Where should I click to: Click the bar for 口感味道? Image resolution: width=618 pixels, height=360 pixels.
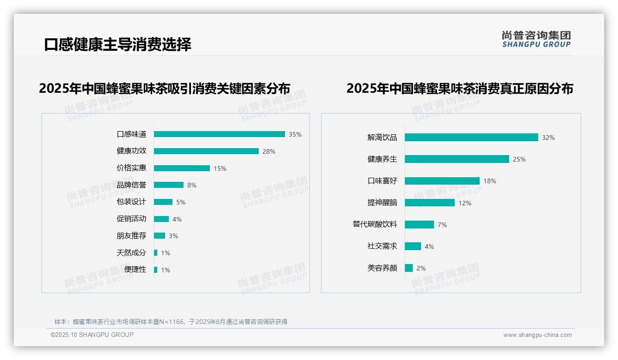(219, 134)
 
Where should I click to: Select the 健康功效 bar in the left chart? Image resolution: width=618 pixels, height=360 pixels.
(206, 151)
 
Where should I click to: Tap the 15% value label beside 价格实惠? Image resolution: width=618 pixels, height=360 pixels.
(220, 168)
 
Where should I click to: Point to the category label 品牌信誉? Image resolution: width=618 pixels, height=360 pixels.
(131, 185)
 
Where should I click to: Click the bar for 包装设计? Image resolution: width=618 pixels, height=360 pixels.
(163, 202)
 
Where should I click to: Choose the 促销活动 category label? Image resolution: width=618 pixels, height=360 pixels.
(131, 219)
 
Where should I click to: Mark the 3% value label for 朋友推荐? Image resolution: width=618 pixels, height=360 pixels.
(173, 236)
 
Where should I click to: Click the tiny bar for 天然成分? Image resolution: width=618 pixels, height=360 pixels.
(155, 253)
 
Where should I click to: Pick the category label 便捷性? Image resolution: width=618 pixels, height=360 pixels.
(135, 270)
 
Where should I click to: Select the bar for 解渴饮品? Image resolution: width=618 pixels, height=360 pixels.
(471, 138)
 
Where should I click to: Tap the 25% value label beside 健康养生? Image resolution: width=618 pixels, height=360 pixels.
(519, 159)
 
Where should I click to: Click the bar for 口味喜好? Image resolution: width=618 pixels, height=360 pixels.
(442, 181)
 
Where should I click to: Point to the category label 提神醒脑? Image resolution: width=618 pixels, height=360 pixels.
(382, 203)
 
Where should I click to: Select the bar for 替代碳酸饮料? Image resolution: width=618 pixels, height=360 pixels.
(419, 224)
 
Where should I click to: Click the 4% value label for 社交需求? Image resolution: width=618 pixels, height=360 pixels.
(429, 246)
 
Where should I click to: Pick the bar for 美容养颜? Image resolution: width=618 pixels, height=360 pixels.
(409, 268)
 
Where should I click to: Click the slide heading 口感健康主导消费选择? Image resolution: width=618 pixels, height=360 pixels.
(118, 45)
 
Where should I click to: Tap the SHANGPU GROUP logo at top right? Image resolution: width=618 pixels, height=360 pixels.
(536, 39)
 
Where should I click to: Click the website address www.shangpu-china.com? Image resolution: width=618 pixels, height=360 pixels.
(537, 335)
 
